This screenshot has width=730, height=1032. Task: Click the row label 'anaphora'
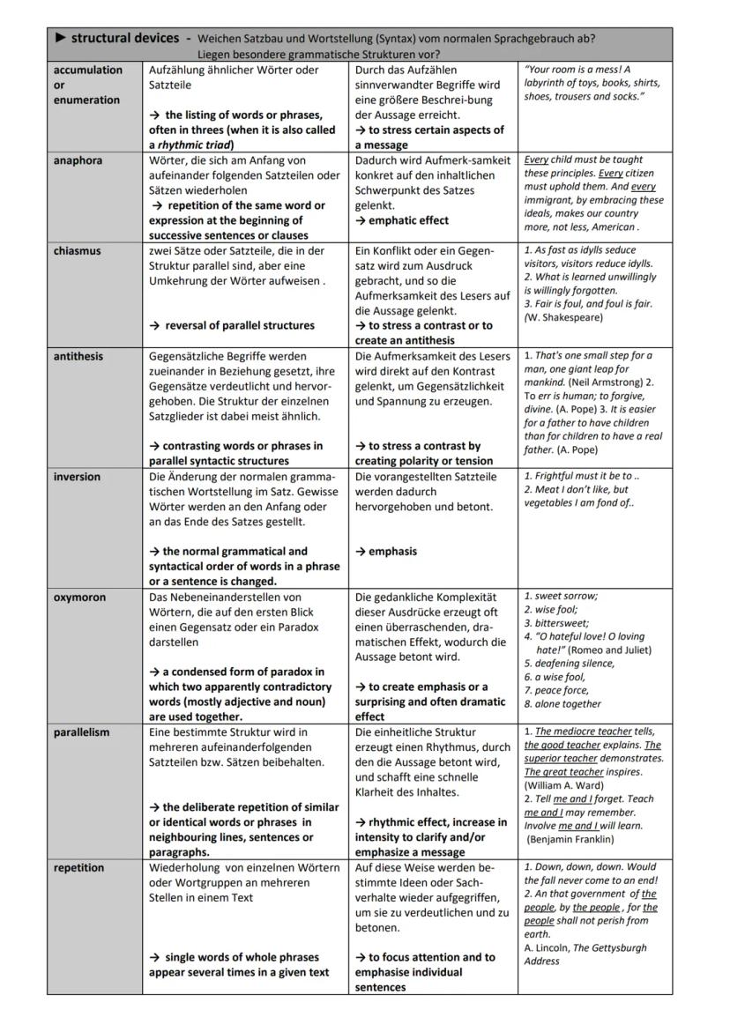coord(78,160)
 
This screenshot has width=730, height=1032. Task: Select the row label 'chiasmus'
coord(78,251)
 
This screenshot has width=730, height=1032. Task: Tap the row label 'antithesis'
coord(78,357)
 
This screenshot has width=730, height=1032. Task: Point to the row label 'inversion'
coord(78,477)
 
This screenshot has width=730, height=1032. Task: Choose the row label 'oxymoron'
coord(79,598)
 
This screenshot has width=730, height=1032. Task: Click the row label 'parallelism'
coord(82,732)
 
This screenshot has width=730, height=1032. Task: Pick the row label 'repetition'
coord(78,868)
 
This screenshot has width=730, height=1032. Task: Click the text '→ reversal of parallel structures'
coord(233,326)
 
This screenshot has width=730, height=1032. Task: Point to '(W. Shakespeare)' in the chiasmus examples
coord(563,317)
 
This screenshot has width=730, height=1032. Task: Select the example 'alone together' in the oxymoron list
coord(568,704)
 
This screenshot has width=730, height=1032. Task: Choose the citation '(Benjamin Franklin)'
coord(570,840)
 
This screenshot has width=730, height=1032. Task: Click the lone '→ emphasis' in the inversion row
coord(386,552)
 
